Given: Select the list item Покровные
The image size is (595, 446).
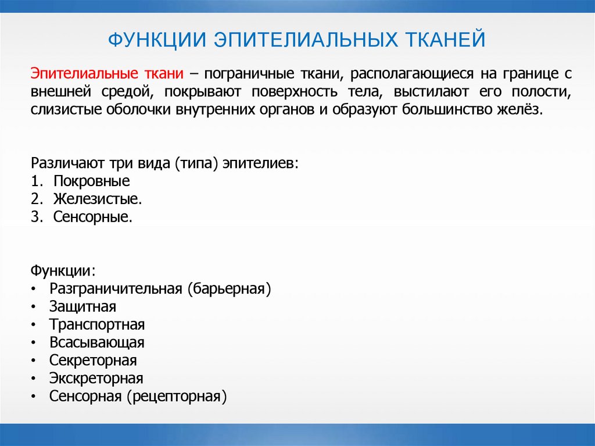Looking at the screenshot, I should [x=92, y=181].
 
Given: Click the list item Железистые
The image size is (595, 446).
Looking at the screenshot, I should [x=98, y=199].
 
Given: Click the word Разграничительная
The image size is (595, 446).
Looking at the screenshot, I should [x=116, y=289].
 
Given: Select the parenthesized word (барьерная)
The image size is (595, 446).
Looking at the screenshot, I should [x=229, y=289].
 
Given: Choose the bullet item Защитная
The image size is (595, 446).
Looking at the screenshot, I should [x=83, y=307].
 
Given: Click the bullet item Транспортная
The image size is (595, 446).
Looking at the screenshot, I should [x=97, y=324].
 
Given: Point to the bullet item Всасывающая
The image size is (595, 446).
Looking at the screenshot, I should [x=96, y=342].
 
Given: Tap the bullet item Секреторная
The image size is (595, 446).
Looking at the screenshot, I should [x=93, y=361].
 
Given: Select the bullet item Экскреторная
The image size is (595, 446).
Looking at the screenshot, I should [x=96, y=379].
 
